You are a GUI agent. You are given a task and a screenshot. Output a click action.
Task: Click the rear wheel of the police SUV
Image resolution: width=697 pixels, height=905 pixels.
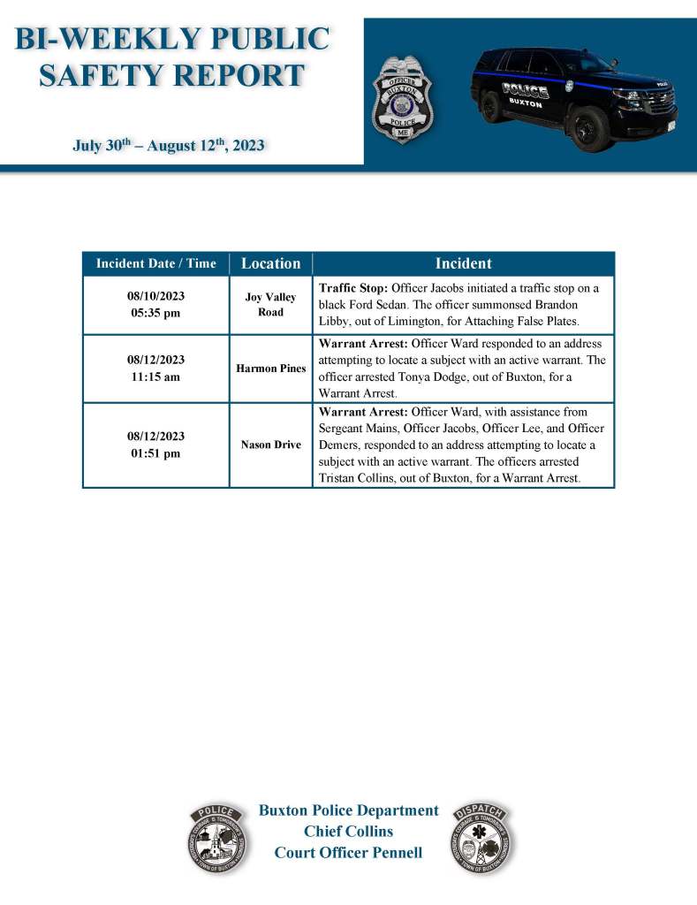pyautogui.click(x=490, y=106)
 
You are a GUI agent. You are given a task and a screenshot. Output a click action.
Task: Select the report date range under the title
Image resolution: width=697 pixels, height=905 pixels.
pyautogui.click(x=168, y=144)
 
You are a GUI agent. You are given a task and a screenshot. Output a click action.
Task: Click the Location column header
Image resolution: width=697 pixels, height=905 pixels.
pyautogui.click(x=270, y=263)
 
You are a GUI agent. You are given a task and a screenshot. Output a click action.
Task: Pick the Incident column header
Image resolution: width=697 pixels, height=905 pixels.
pyautogui.click(x=463, y=263)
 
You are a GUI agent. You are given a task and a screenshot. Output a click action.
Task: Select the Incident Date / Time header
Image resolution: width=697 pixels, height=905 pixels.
pyautogui.click(x=155, y=263)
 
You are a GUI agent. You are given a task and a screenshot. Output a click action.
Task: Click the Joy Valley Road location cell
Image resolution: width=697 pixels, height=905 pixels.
pyautogui.click(x=270, y=305)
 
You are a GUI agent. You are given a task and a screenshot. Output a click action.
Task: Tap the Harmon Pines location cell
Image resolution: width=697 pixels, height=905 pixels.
pyautogui.click(x=270, y=368)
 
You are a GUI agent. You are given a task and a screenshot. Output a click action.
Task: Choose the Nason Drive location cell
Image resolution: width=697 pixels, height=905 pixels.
pyautogui.click(x=270, y=445)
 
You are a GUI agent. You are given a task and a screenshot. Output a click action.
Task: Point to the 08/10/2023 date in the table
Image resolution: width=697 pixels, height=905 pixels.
pyautogui.click(x=155, y=295)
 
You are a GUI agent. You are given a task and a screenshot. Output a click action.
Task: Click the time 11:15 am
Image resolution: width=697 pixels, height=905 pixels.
pyautogui.click(x=155, y=376)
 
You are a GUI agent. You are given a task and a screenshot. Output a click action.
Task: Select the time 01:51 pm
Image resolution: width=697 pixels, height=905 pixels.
pyautogui.click(x=155, y=453)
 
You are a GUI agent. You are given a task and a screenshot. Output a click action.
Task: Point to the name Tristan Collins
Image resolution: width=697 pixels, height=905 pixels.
pyautogui.click(x=354, y=477)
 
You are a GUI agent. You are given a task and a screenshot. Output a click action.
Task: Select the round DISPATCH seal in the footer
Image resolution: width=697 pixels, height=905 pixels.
pyautogui.click(x=482, y=839)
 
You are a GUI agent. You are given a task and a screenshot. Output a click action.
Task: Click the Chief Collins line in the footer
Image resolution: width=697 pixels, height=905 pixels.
pyautogui.click(x=348, y=831)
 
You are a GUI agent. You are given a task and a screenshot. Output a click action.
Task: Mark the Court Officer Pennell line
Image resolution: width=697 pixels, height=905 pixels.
pyautogui.click(x=348, y=852)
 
